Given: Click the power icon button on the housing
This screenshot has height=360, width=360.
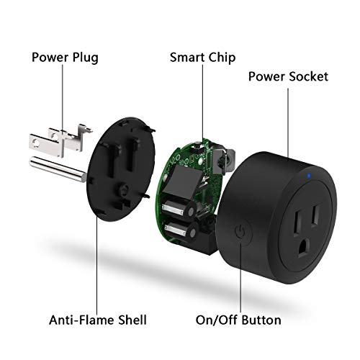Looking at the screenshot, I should pos(240,231).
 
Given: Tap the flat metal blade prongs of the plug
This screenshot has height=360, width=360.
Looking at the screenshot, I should pos(54,141).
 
